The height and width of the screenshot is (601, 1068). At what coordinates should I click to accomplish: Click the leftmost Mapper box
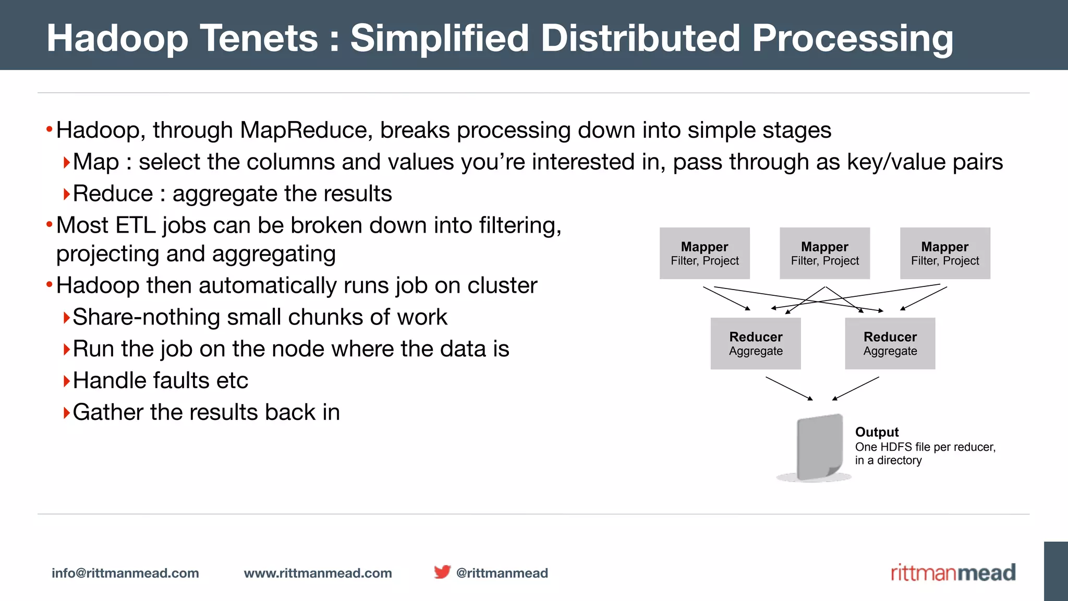(x=705, y=253)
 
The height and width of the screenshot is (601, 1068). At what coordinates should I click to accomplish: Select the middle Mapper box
(x=824, y=253)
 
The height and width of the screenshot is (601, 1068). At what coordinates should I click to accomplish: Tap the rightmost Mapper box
(x=945, y=253)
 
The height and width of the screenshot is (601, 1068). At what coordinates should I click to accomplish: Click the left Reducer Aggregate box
(x=756, y=343)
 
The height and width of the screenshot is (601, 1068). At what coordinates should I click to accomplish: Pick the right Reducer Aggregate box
(x=890, y=343)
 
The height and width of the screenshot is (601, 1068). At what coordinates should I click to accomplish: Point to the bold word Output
(x=877, y=432)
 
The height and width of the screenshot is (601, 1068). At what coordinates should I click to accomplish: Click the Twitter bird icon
(x=442, y=572)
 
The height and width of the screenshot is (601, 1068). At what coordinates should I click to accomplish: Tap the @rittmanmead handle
(x=502, y=573)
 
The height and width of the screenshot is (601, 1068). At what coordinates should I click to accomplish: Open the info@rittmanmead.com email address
(x=125, y=573)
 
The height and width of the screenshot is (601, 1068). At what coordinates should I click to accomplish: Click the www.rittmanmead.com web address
(x=318, y=573)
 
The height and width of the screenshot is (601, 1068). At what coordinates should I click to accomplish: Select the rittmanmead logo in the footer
(x=953, y=572)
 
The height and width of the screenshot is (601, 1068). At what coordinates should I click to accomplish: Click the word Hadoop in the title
(x=117, y=39)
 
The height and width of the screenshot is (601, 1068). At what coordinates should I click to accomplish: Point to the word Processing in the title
(x=852, y=39)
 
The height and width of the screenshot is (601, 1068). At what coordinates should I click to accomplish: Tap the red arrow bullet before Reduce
(x=66, y=195)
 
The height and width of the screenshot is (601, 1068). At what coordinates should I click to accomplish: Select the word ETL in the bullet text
(x=135, y=225)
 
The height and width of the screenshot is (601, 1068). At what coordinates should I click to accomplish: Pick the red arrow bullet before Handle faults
(x=66, y=381)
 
